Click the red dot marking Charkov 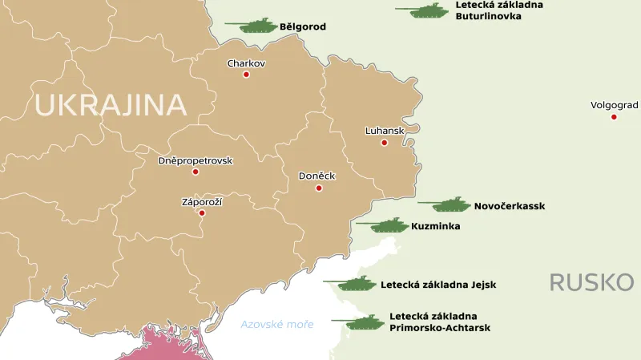246,75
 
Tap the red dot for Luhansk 384,143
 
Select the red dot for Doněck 319,188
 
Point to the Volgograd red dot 614,117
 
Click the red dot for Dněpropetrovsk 195,172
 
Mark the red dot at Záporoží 202,213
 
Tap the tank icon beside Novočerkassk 446,204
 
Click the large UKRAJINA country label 110,105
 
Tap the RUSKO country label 591,282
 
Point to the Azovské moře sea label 277,324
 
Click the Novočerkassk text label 509,206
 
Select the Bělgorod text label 303,26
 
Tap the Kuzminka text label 435,227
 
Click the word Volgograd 614,105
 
